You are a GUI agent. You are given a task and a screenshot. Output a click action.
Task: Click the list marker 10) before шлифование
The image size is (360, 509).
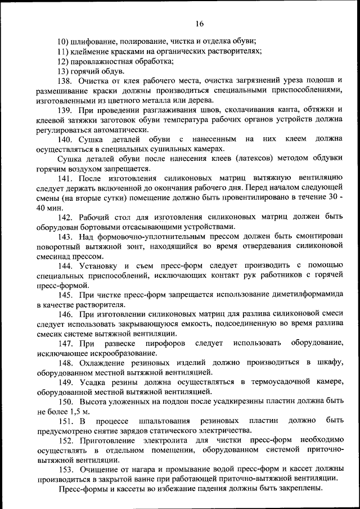(65, 41)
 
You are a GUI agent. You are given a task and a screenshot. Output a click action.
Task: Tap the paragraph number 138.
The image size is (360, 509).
(66, 81)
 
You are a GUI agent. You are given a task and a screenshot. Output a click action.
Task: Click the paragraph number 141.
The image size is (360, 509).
(66, 178)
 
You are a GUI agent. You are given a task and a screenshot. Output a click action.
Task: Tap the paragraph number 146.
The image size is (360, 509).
(66, 314)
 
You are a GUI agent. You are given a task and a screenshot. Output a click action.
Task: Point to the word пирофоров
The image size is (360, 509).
(163, 343)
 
